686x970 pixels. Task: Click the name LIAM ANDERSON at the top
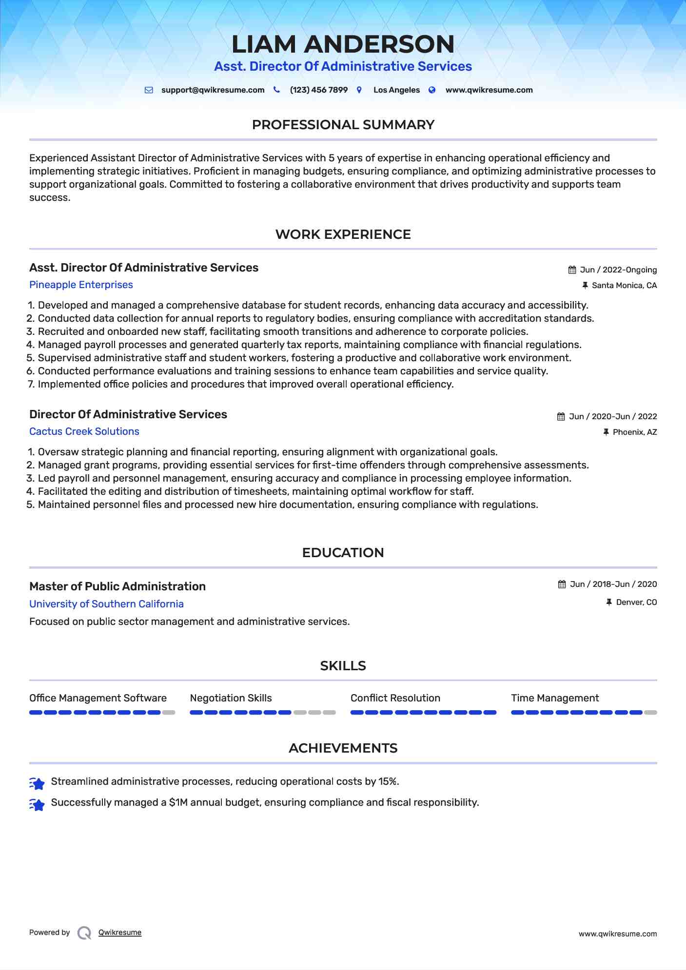tap(343, 44)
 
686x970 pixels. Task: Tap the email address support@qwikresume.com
tap(213, 90)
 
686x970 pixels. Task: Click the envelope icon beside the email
tap(149, 90)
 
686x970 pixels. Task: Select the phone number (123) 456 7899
tap(318, 90)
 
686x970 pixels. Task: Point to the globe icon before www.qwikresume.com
tap(432, 90)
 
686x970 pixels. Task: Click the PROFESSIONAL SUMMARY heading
tap(343, 125)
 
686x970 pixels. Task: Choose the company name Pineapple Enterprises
tap(81, 285)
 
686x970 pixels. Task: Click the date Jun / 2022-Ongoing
tap(618, 270)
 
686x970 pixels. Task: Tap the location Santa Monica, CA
tap(624, 286)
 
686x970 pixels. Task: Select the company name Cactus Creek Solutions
tap(84, 431)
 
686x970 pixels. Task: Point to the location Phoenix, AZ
tap(634, 432)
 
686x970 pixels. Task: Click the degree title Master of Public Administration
tap(118, 586)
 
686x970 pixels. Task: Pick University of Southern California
tap(106, 604)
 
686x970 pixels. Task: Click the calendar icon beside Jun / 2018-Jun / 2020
tap(562, 584)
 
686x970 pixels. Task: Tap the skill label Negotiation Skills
tap(231, 698)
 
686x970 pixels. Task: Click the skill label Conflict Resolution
tap(395, 698)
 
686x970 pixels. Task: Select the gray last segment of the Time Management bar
tap(650, 713)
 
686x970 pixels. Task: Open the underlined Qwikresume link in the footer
tap(120, 932)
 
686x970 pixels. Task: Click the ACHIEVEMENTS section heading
tap(343, 748)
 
